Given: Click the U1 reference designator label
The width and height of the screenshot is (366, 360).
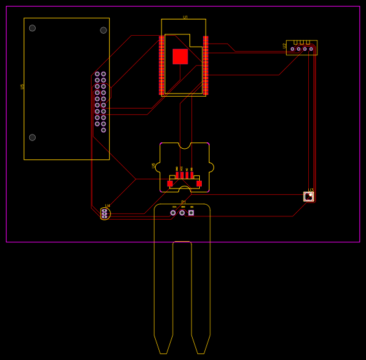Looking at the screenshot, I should tap(185, 17).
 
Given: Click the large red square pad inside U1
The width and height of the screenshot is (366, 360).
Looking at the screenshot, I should tap(180, 57).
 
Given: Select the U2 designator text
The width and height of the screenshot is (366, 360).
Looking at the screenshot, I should tap(285, 45).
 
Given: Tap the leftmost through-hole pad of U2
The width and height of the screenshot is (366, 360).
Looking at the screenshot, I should tap(293, 49).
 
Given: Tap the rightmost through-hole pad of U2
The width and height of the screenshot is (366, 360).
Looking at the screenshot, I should tap(311, 49).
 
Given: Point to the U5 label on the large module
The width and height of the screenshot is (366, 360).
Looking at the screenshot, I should tap(22, 86).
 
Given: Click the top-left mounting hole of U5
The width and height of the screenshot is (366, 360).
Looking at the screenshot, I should tap(32, 28).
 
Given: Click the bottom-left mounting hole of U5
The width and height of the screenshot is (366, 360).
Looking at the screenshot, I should tap(32, 137).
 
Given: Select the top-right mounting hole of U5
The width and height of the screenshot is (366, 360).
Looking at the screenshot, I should tap(103, 30).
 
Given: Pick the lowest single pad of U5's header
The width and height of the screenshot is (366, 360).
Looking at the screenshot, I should tap(103, 130).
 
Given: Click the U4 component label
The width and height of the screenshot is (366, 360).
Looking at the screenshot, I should tap(108, 206).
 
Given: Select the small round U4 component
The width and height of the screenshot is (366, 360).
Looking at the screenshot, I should tap(104, 213).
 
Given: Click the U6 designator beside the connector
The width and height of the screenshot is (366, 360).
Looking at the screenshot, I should tap(154, 166).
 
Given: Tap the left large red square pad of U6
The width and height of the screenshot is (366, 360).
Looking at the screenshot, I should tap(170, 183).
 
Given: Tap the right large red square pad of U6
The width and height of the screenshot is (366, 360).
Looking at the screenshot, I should tap(199, 183).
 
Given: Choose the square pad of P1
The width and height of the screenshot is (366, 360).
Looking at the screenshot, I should tap(191, 212).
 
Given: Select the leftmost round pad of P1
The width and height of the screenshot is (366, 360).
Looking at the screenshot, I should tap(173, 212).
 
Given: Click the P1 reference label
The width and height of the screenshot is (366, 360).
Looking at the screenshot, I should tap(184, 201).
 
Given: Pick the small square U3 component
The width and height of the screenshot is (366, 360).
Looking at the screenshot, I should tap(309, 196).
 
